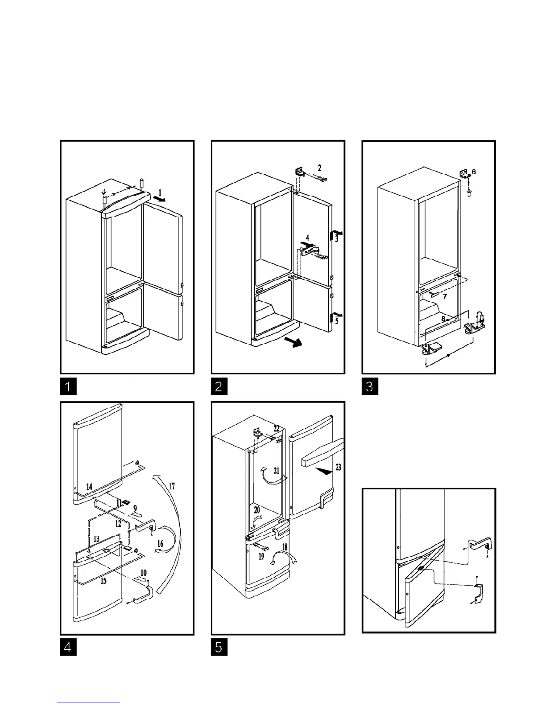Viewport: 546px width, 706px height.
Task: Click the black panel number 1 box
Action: (x=68, y=386)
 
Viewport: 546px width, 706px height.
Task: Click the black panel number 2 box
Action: (x=219, y=386)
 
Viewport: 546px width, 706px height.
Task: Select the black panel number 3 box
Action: (x=369, y=386)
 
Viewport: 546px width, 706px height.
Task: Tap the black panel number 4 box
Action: (x=68, y=647)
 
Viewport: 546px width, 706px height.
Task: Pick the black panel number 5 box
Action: (x=219, y=647)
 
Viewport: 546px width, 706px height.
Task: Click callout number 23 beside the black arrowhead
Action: (x=338, y=468)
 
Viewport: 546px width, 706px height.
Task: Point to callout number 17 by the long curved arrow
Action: (x=172, y=486)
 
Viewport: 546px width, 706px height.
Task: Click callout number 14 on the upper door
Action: (x=89, y=487)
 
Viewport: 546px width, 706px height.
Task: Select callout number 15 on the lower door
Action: (x=103, y=581)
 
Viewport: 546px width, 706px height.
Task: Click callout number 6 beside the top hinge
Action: (x=473, y=172)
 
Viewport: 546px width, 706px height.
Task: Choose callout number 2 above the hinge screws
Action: (x=319, y=168)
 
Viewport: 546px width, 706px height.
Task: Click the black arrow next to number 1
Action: (x=158, y=199)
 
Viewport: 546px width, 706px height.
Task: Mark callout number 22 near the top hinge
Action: (x=277, y=428)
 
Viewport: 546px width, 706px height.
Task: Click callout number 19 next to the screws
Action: (x=261, y=556)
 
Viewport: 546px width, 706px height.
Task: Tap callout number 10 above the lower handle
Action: (x=144, y=572)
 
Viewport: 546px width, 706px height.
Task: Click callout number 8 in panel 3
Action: (x=443, y=319)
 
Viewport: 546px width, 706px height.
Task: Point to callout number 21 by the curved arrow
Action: (x=276, y=470)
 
